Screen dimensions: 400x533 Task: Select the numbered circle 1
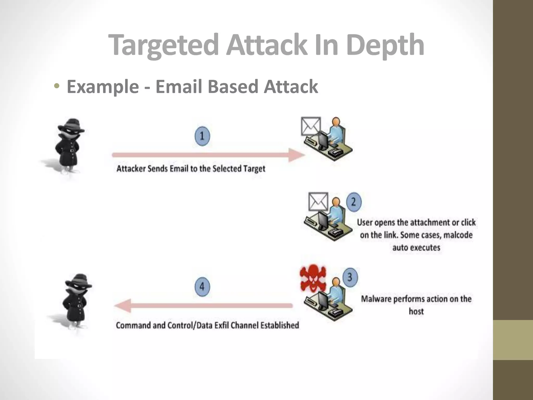[x=202, y=136]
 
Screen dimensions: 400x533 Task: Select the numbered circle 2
[x=354, y=202]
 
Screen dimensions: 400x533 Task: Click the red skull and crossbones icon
[x=313, y=278]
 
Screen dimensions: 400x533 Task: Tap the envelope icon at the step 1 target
[x=311, y=126]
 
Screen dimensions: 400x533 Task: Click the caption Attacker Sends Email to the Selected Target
[x=191, y=169]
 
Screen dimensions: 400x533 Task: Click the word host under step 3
[x=416, y=311]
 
